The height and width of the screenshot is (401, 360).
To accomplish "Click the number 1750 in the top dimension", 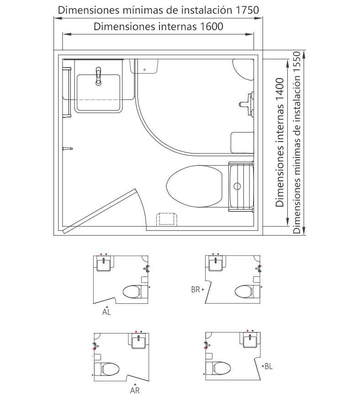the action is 247,10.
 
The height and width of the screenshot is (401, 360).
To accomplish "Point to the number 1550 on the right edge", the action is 296,63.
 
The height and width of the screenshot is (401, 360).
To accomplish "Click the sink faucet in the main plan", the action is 99,76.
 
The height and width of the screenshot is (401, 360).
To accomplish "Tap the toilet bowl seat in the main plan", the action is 194,186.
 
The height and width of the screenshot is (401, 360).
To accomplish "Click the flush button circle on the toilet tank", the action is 237,186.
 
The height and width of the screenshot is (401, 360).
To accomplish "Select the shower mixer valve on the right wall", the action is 247,104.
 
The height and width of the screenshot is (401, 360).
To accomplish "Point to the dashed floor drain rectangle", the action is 167,219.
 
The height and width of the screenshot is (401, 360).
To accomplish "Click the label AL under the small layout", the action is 106,312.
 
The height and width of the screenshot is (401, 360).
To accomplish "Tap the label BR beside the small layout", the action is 196,290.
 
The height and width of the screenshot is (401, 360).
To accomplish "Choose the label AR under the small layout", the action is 135,390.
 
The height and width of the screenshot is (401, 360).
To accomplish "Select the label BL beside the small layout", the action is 268,366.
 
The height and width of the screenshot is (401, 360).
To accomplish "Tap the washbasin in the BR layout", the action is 216,264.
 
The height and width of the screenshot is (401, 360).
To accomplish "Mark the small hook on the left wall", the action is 68,148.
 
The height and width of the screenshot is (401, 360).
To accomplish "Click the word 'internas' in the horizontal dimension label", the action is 178,26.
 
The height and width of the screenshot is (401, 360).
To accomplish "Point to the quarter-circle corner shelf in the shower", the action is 243,69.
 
